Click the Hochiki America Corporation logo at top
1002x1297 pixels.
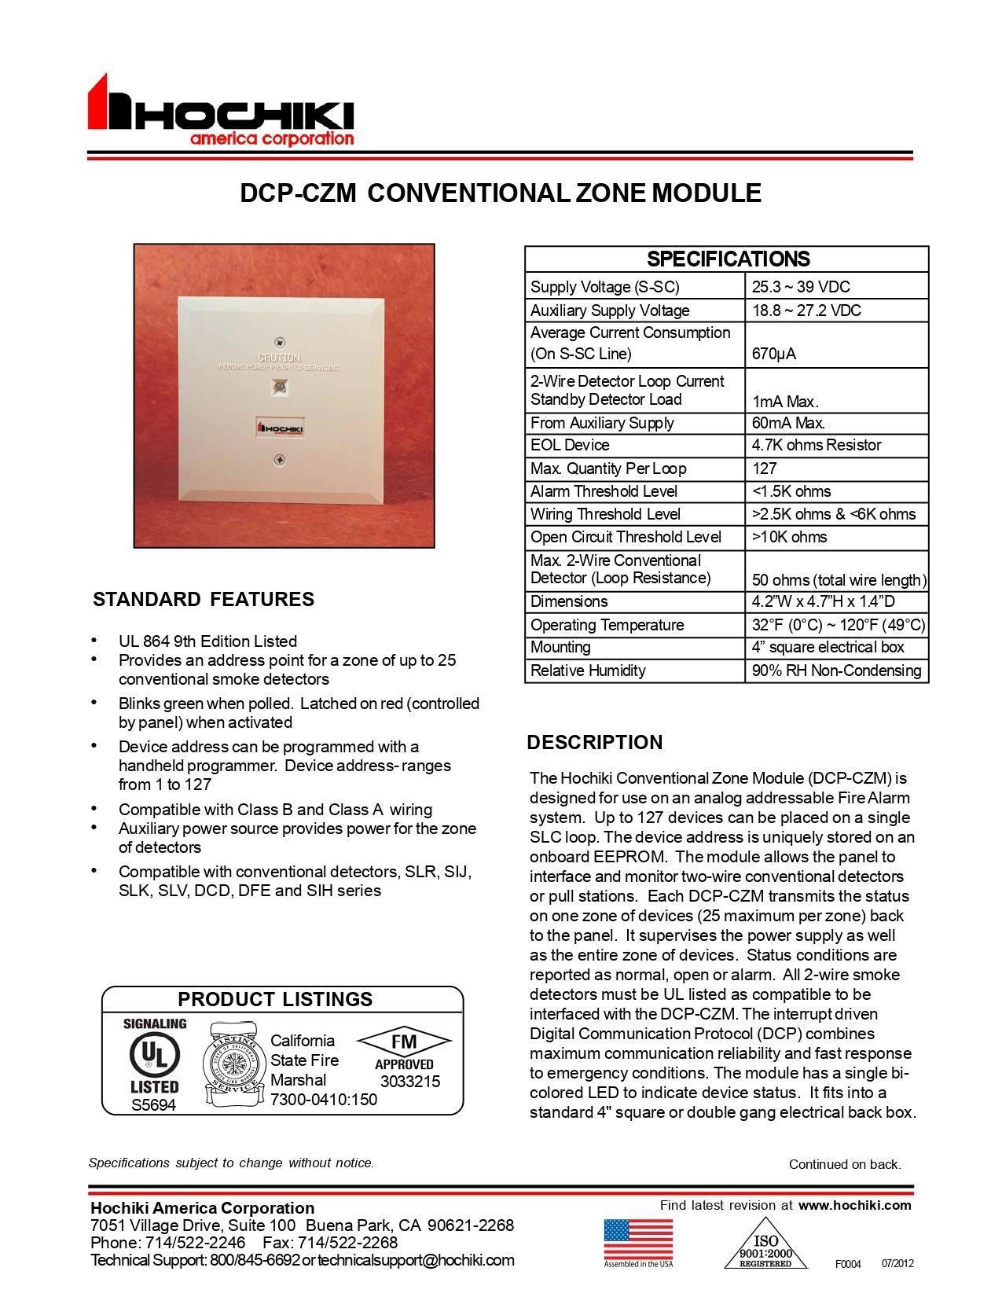click(221, 112)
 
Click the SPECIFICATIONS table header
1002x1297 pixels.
click(728, 259)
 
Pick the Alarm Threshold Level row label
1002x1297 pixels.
click(604, 491)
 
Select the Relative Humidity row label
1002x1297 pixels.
click(588, 671)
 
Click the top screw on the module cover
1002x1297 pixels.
click(280, 344)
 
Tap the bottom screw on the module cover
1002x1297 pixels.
click(280, 460)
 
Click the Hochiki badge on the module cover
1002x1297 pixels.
click(281, 428)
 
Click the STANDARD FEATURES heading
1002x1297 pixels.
click(204, 599)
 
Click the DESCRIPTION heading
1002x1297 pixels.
click(595, 742)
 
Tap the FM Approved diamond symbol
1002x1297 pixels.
click(404, 1042)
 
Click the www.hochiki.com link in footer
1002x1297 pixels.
click(854, 1205)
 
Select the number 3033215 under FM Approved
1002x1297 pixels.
click(409, 1081)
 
